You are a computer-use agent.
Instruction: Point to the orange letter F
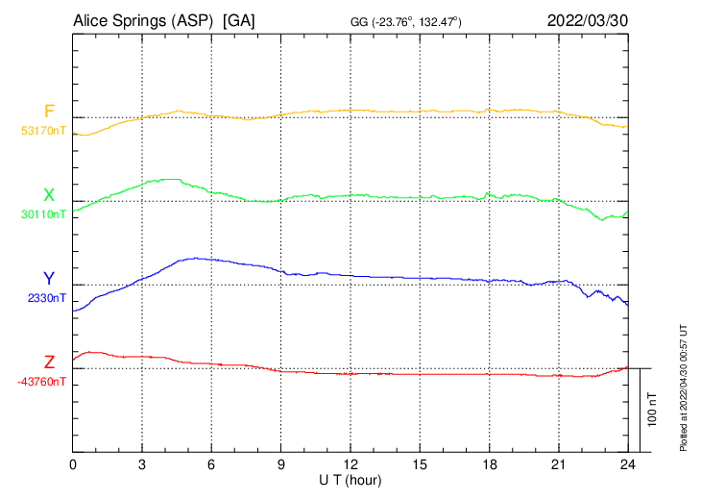click(x=49, y=112)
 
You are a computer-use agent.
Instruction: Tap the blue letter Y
click(x=49, y=279)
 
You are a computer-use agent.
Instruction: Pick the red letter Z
click(x=49, y=362)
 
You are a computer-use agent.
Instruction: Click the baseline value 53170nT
click(x=43, y=131)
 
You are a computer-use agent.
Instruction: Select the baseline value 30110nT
click(x=43, y=214)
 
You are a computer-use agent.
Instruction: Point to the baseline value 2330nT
click(x=46, y=298)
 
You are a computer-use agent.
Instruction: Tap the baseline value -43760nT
click(x=42, y=382)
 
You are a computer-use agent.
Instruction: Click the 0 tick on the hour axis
click(x=73, y=464)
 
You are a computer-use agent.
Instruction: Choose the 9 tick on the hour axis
click(x=281, y=464)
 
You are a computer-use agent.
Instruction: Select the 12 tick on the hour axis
click(x=350, y=464)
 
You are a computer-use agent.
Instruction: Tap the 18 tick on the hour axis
click(x=489, y=464)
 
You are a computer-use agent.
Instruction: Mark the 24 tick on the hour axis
click(x=628, y=464)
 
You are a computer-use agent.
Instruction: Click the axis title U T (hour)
click(x=350, y=480)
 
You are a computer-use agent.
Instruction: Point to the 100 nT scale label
click(x=653, y=409)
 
